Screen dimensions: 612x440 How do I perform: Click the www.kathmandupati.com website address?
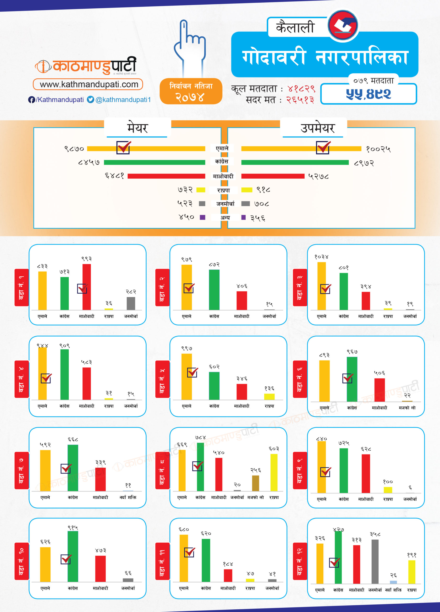click(x=88, y=84)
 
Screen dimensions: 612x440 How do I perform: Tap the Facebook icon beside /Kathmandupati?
click(x=31, y=100)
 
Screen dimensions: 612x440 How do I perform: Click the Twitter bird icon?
click(x=90, y=100)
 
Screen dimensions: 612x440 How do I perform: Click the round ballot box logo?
click(x=343, y=25)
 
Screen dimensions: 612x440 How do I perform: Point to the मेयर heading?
click(x=137, y=128)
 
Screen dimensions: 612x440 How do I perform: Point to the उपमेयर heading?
click(x=318, y=128)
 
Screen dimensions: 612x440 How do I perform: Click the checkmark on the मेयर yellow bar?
click(x=123, y=147)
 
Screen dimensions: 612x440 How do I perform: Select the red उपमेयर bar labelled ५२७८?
click(x=273, y=176)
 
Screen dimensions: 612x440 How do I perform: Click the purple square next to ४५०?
click(x=203, y=217)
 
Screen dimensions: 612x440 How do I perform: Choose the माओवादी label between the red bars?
click(x=223, y=176)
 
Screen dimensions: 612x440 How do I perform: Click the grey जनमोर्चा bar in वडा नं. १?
click(x=131, y=303)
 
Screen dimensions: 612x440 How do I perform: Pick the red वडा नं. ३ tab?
click(x=300, y=287)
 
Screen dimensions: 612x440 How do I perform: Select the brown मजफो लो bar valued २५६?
click(x=255, y=483)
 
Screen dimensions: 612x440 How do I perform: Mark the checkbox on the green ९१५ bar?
click(x=66, y=559)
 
